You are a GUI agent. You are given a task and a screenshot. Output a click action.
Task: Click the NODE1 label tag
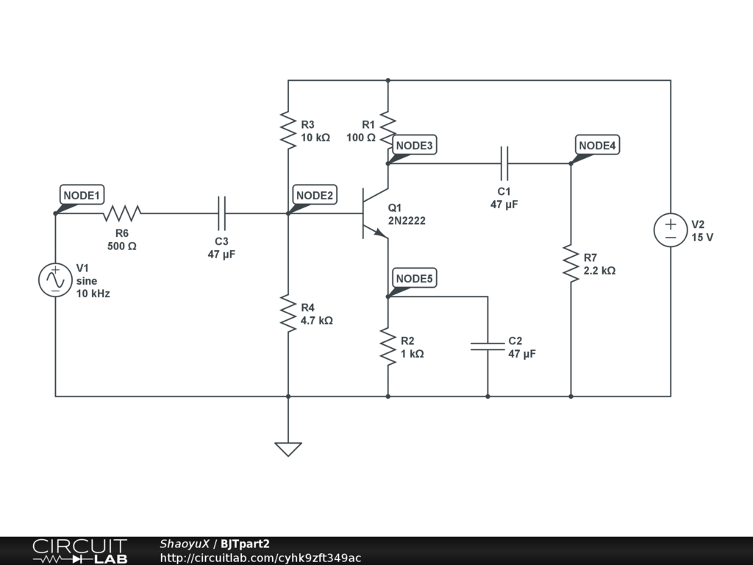coord(82,195)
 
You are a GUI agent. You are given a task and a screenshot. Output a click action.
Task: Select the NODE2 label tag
coord(315,195)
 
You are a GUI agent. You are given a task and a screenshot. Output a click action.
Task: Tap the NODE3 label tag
coord(415,145)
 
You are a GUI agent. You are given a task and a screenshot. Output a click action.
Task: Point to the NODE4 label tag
coord(597,145)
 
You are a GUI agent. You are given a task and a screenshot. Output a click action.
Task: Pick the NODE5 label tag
coord(415,278)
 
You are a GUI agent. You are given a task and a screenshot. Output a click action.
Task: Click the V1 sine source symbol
coord(55,280)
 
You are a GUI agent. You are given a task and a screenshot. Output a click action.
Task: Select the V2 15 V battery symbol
coord(671,230)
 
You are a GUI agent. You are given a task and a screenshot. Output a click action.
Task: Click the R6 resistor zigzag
coord(122,213)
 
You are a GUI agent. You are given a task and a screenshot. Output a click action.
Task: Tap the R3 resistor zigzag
coord(288,129)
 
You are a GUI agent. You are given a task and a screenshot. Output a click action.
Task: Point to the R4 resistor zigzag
coord(288,313)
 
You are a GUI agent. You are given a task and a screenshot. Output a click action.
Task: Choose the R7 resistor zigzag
coord(571,263)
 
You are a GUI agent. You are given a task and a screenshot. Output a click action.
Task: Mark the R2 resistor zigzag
coord(388,346)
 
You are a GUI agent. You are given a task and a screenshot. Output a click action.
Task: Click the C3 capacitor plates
coord(221,213)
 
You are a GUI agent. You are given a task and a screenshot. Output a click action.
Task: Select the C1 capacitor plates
coord(504,163)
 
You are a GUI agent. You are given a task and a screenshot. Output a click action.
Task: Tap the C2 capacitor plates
coord(488,347)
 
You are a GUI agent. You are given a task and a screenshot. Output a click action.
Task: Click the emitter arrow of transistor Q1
coord(380,233)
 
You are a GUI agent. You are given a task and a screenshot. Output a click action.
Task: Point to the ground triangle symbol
coord(288,449)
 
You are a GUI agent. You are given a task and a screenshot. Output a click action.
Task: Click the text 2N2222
coord(407,221)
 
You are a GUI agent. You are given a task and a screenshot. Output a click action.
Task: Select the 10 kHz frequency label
coord(93,294)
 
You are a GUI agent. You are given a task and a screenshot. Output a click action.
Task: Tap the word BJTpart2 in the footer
coord(245,544)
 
